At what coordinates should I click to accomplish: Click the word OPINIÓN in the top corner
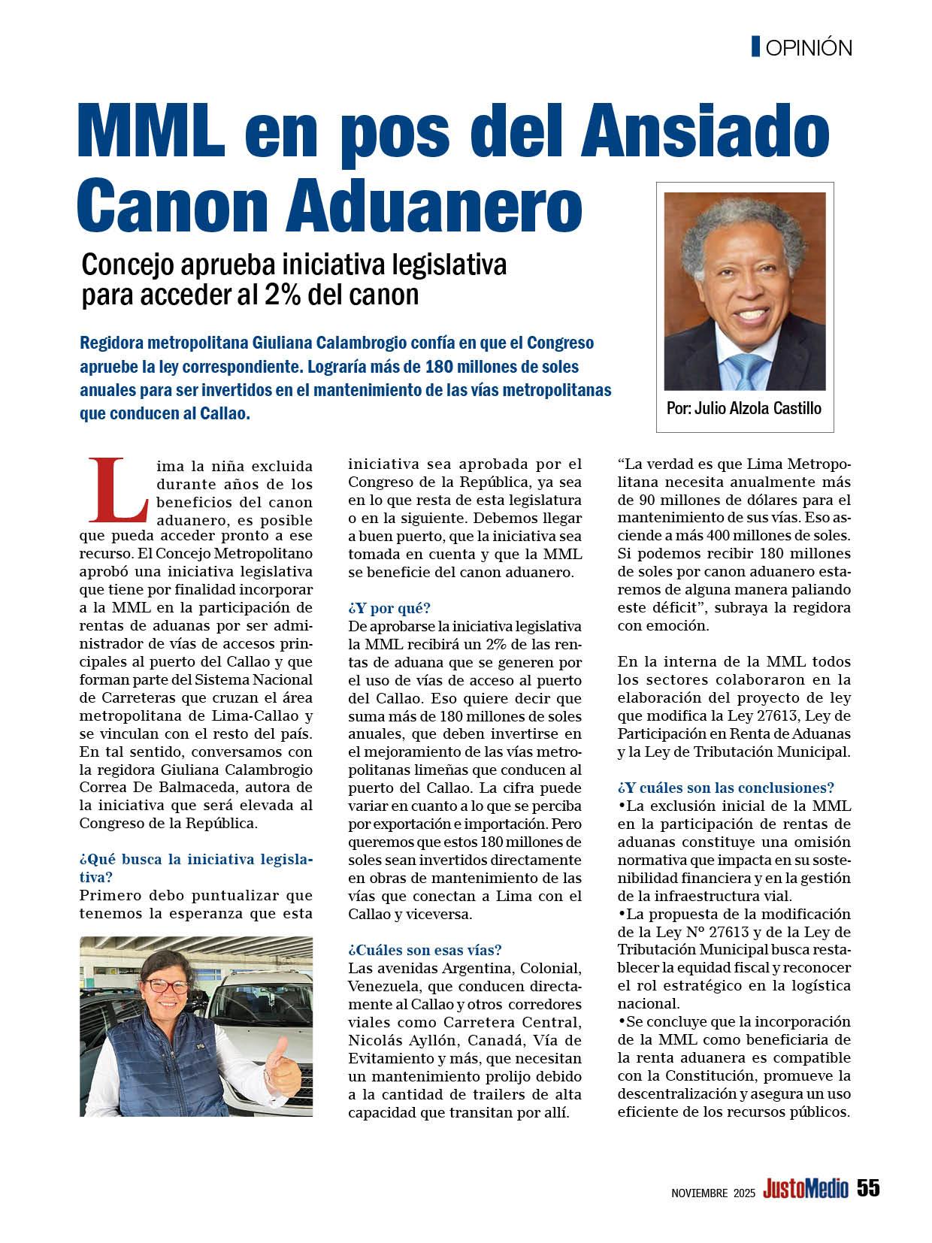809,48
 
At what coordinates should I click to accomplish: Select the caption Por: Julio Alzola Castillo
744,409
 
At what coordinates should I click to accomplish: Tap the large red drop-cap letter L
118,489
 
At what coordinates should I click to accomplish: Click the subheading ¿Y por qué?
389,608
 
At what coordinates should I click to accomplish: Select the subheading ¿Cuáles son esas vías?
425,951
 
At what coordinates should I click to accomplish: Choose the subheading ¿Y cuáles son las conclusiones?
725,788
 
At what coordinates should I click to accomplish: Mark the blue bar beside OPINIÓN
756,47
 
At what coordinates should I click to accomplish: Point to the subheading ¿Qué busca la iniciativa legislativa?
195,867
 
